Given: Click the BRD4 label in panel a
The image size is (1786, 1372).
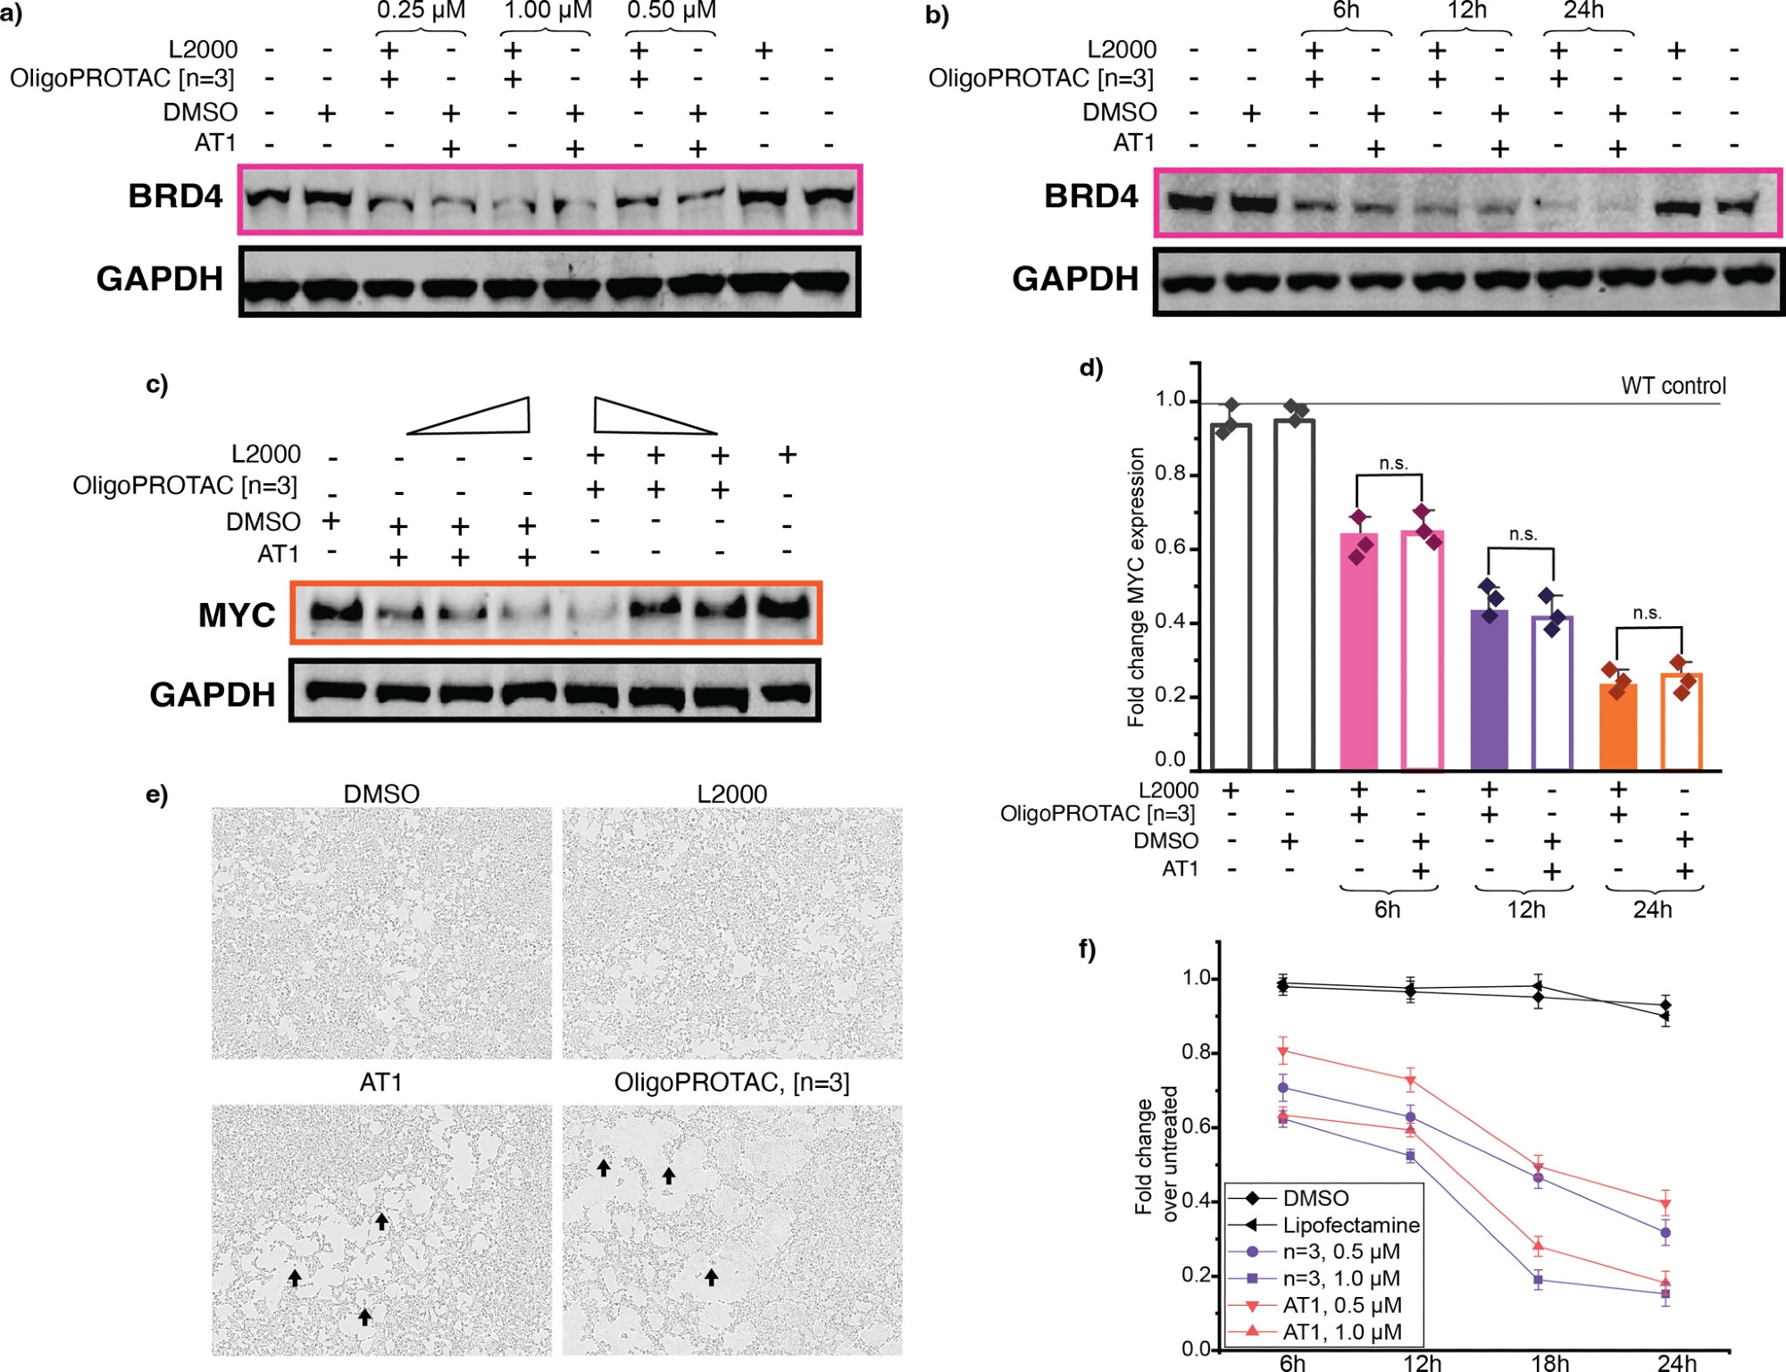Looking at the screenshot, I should point(175,197).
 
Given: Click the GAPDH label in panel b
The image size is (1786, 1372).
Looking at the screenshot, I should point(1075,279).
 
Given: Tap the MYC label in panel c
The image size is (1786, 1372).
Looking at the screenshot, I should point(237,615).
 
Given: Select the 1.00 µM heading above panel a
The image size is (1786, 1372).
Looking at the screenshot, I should point(547,11).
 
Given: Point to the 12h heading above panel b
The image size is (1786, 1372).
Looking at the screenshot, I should point(1467,11).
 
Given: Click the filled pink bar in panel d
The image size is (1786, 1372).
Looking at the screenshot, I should point(1358,652).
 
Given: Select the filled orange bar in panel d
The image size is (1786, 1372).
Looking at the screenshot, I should point(1617,727).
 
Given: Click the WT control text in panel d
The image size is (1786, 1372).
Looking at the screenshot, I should point(1673,386).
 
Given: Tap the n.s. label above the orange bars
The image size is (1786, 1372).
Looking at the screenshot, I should point(1647,614).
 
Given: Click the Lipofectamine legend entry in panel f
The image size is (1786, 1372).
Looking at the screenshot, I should point(1350,1225).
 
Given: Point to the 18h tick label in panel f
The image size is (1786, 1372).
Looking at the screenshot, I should point(1549,1362).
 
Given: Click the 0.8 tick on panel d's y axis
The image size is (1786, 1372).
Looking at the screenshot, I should point(1170,473).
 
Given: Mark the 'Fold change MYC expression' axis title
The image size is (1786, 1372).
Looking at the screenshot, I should point(1136,587).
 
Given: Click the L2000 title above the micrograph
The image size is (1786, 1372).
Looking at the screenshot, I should point(731,794).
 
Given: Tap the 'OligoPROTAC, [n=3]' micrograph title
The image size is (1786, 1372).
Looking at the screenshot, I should point(731,1083).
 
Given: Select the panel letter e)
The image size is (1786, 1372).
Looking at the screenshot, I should point(157,794).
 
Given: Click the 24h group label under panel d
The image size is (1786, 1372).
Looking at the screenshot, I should point(1652,909).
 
